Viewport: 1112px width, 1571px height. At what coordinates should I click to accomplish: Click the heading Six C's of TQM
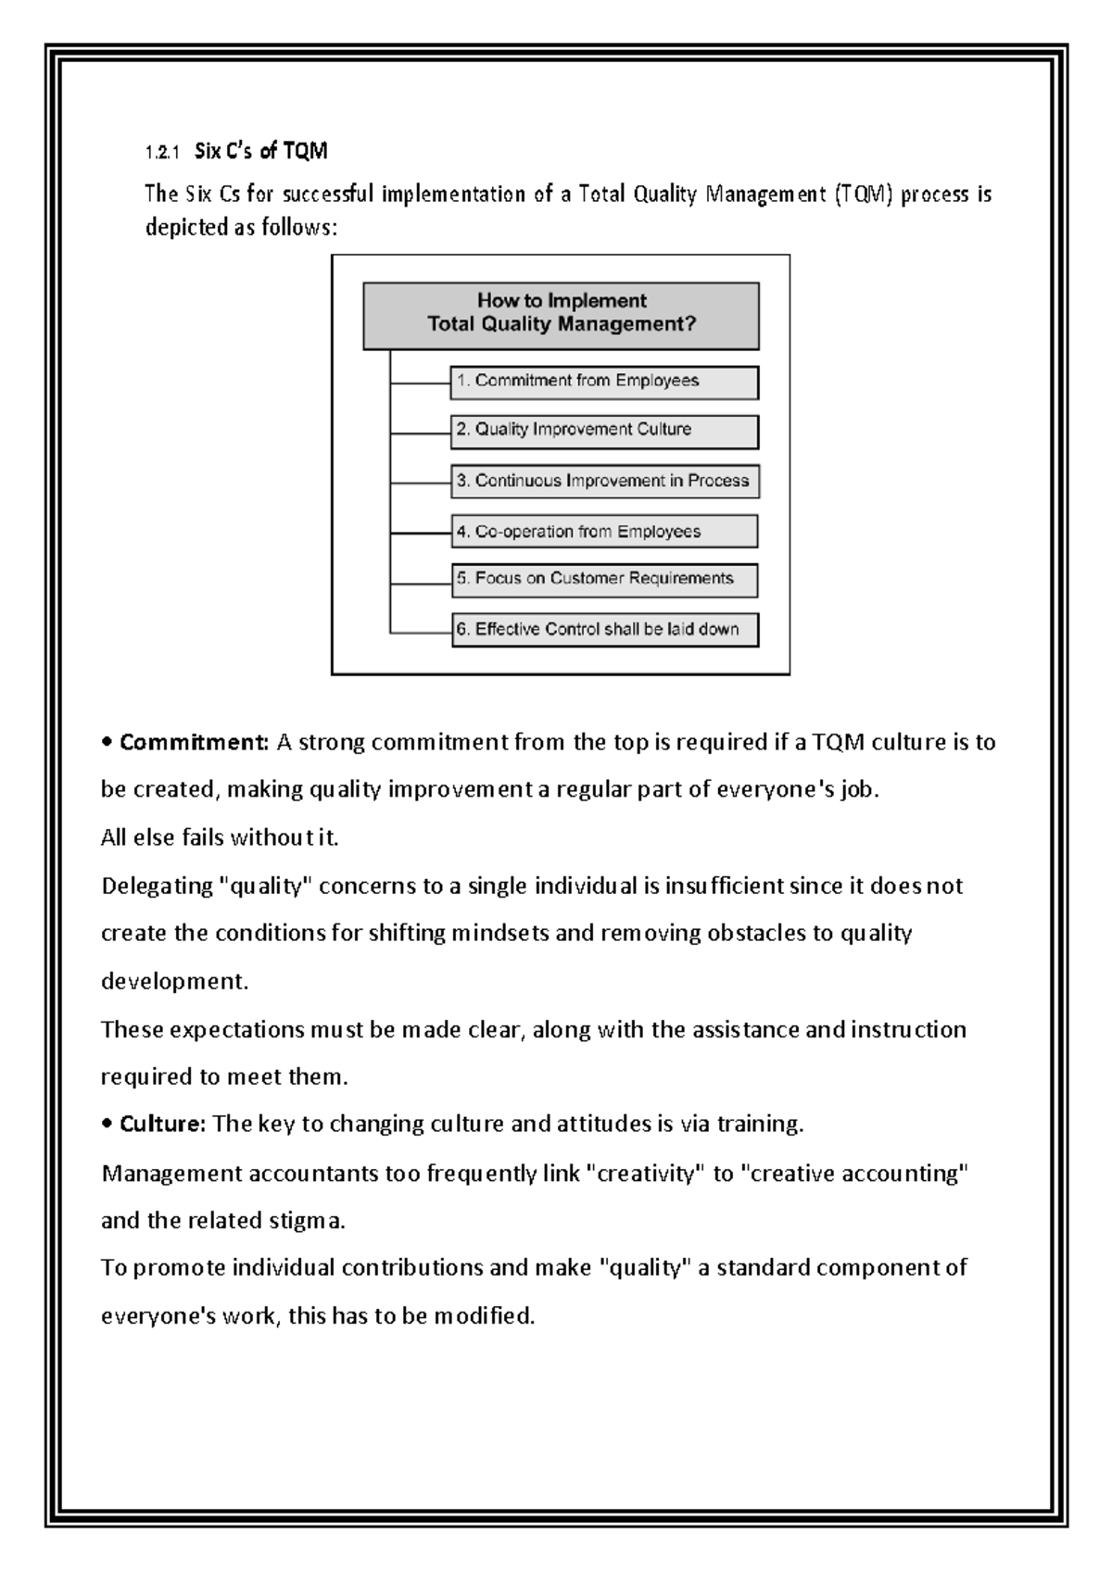coord(261,151)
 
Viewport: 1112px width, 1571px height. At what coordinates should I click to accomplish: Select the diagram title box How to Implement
coord(561,315)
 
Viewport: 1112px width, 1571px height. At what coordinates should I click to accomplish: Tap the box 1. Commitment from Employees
coord(604,382)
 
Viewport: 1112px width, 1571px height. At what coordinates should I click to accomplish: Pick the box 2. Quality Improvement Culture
coord(604,431)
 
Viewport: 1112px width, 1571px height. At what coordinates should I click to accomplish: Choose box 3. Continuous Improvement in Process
coord(604,481)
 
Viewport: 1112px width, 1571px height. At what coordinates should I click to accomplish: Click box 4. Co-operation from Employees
coord(604,532)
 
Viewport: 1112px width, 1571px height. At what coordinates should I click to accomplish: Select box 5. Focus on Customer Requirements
coord(604,580)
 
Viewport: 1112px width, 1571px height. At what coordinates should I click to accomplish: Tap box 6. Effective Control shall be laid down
coord(604,630)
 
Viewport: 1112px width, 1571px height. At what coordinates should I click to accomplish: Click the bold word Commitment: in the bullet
coord(195,742)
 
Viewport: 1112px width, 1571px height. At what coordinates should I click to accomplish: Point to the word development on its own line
coord(174,982)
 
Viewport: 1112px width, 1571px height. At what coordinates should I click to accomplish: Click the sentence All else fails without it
coord(220,838)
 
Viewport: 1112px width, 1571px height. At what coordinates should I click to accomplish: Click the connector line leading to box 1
coord(420,383)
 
